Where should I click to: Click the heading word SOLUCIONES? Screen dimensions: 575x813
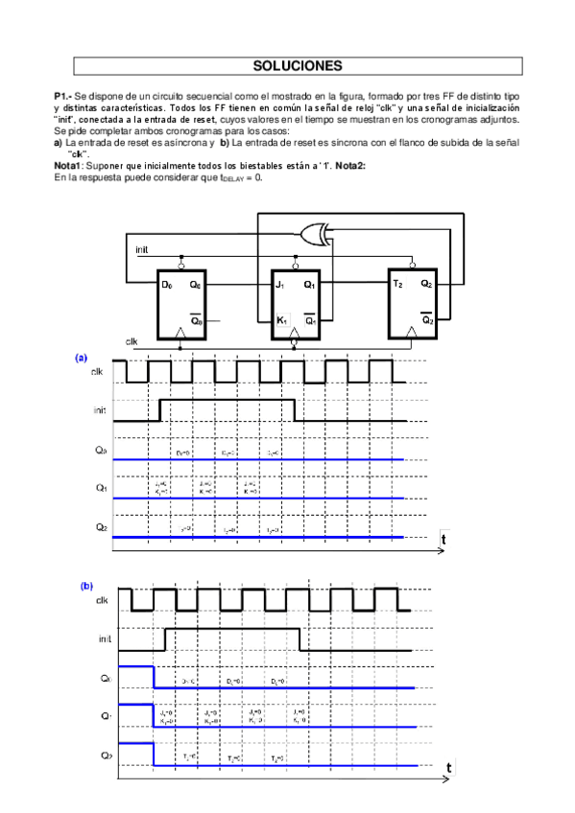(297, 66)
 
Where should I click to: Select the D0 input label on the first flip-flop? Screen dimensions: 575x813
(166, 285)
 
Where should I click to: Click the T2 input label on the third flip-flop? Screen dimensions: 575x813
(396, 285)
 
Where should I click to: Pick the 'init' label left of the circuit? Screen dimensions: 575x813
(141, 249)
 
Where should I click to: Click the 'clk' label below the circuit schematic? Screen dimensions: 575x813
(132, 341)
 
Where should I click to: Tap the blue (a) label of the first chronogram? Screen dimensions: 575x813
(82, 358)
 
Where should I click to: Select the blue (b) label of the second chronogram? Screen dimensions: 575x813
(86, 585)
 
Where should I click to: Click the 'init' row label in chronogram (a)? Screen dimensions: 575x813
(100, 409)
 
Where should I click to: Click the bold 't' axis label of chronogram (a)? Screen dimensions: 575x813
(443, 541)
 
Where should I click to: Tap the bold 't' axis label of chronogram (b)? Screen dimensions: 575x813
(448, 768)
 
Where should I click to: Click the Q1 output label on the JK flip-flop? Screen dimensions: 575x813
(309, 285)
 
